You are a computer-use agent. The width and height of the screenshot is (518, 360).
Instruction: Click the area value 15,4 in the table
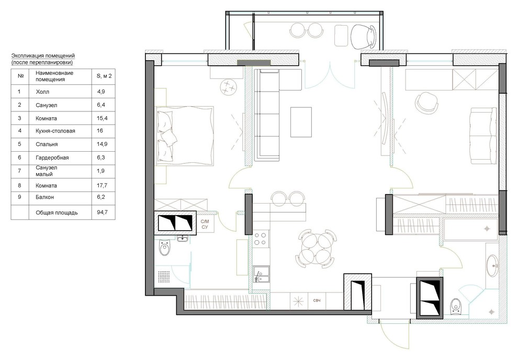(x=102, y=118)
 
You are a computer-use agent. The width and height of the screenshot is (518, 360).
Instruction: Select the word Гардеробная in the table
(x=52, y=157)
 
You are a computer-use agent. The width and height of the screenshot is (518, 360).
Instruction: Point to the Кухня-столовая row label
(x=55, y=131)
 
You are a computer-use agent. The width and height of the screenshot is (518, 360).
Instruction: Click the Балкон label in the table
(x=45, y=197)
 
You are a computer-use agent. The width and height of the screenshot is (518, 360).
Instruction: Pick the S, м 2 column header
(x=104, y=76)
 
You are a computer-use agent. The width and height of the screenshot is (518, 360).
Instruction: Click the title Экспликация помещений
(x=43, y=55)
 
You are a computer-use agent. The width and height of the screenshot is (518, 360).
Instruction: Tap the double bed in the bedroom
(x=185, y=136)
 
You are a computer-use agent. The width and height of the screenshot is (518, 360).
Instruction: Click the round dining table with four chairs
(x=317, y=250)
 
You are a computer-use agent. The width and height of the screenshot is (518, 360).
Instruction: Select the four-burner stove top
(x=260, y=239)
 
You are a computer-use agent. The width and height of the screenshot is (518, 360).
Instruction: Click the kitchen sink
(x=261, y=274)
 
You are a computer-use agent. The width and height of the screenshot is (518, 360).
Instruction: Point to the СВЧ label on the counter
(x=317, y=300)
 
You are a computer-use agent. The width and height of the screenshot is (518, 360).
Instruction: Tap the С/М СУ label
(x=205, y=224)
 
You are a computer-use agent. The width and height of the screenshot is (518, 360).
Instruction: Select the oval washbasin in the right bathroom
(x=493, y=265)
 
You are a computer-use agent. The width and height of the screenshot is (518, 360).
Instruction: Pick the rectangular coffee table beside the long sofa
(x=301, y=122)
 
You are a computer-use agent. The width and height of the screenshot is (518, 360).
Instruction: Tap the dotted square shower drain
(x=164, y=277)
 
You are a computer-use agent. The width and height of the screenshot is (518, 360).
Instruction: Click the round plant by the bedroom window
(x=229, y=87)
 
